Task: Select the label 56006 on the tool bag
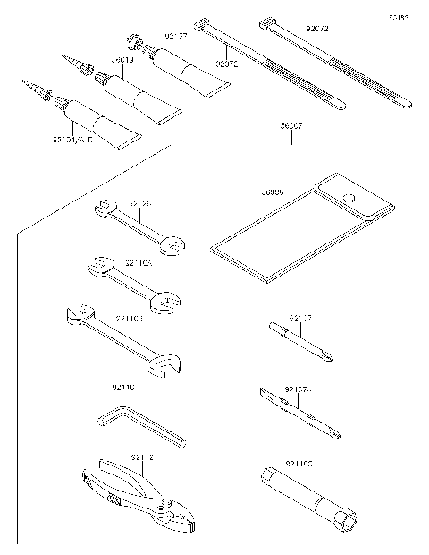click(x=273, y=192)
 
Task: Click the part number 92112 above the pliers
click(x=142, y=457)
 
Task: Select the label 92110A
click(x=138, y=264)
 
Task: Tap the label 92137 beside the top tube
click(x=175, y=37)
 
